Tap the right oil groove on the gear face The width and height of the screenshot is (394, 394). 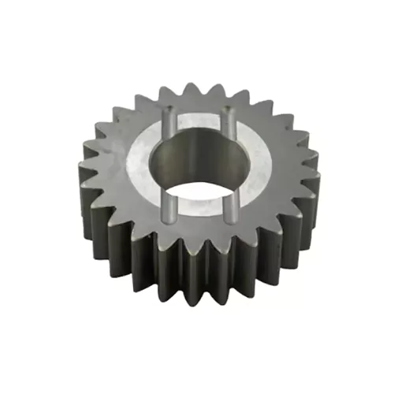click(x=232, y=167)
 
